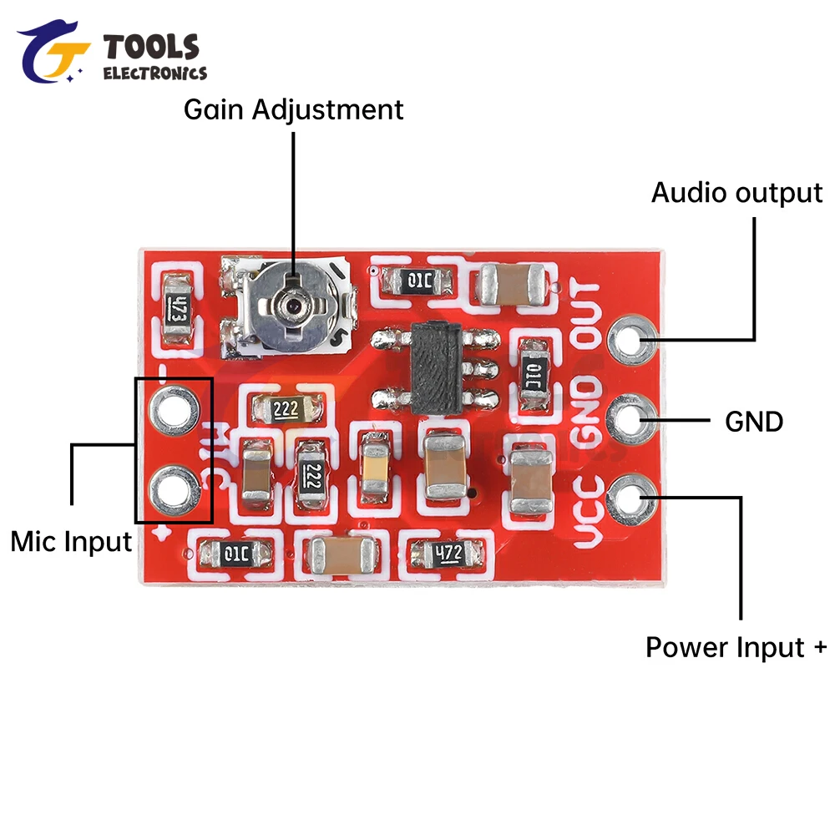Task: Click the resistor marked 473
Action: tap(177, 311)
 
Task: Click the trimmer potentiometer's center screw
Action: tap(293, 305)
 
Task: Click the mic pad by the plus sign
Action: tap(174, 490)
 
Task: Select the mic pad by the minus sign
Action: tap(174, 408)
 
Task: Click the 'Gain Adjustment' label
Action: tap(293, 109)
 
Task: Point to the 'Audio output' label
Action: tap(736, 193)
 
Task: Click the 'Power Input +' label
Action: tap(736, 647)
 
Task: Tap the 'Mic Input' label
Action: tap(71, 542)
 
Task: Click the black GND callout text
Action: tap(754, 422)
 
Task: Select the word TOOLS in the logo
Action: tap(151, 47)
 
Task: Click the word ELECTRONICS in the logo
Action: tap(154, 73)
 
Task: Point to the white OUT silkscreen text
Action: tap(588, 315)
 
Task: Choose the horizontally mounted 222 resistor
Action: tap(286, 409)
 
